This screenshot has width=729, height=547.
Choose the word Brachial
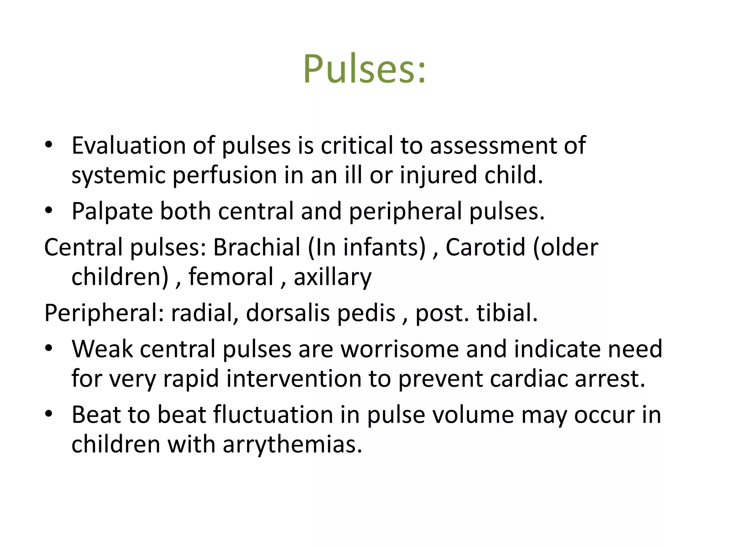[x=257, y=247]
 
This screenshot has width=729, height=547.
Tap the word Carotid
[x=485, y=247]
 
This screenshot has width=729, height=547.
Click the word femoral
[x=231, y=277]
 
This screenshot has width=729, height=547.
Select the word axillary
[x=332, y=277]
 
